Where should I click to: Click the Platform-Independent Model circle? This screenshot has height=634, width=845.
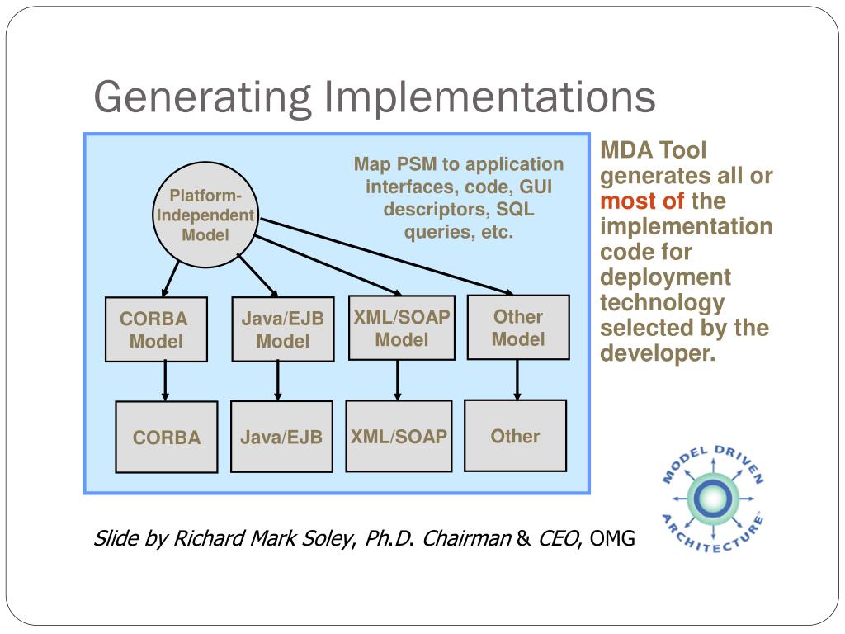click(205, 215)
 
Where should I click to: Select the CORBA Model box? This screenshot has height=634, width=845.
click(156, 329)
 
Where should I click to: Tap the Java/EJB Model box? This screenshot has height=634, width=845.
click(282, 329)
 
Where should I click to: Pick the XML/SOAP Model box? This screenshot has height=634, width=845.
click(401, 328)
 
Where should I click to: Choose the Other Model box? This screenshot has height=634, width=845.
click(518, 327)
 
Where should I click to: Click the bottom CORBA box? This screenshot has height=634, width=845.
click(167, 437)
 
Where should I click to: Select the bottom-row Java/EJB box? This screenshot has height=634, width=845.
click(281, 437)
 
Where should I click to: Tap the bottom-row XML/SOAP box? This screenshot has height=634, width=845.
click(399, 436)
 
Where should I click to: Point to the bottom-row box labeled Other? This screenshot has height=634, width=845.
click(515, 435)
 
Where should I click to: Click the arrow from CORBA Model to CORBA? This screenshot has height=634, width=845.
click(166, 381)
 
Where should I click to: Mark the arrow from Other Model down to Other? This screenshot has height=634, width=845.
click(517, 380)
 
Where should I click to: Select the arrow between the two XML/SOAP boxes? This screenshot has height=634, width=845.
click(398, 380)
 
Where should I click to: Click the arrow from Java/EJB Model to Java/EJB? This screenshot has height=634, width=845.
click(278, 381)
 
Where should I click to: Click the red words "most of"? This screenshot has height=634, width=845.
click(642, 201)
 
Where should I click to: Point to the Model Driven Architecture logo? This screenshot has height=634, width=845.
click(712, 498)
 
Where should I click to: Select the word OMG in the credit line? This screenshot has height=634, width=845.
click(612, 540)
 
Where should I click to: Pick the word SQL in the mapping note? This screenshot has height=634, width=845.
click(515, 210)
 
